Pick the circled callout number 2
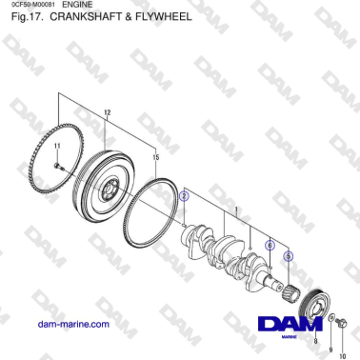pos(186,193)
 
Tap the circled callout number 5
pos(289,256)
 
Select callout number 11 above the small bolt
pos(57,145)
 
